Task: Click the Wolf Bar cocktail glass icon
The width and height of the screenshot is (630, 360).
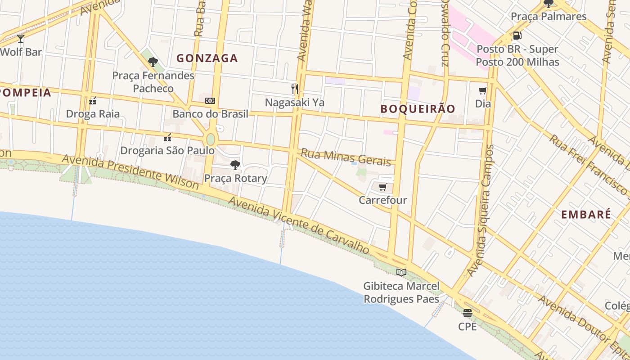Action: tap(21, 39)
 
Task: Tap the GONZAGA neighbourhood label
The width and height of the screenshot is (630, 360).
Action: tap(207, 58)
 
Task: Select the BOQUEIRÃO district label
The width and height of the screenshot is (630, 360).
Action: tap(418, 109)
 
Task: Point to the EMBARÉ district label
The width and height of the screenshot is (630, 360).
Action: tap(586, 215)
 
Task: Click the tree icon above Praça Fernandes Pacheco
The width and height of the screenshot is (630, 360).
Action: tap(153, 62)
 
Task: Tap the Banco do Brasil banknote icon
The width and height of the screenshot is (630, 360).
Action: tap(210, 101)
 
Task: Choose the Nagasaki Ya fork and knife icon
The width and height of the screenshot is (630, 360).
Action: tap(295, 89)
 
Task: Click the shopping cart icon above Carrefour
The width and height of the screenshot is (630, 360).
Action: tap(382, 187)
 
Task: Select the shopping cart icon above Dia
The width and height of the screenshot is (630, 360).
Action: tap(483, 91)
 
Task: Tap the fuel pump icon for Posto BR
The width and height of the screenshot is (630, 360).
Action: tap(517, 36)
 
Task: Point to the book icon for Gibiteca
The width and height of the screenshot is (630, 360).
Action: tap(401, 272)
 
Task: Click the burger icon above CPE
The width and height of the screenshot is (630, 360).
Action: tap(468, 313)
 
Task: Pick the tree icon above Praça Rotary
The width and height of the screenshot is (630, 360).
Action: tap(235, 165)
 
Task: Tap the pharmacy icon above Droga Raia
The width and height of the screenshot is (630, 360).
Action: tap(93, 101)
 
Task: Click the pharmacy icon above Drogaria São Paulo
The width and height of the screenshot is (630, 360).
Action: tap(167, 137)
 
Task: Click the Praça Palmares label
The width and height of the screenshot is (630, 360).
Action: tap(549, 17)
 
